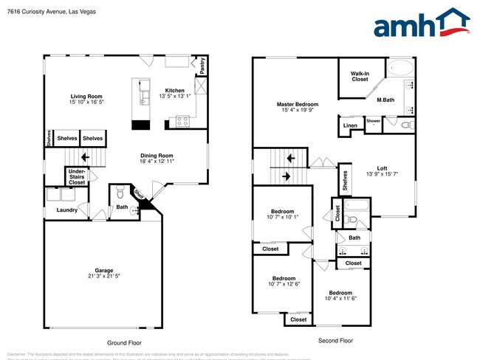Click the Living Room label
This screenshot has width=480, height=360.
point(86,96)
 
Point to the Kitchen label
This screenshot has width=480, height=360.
point(174,90)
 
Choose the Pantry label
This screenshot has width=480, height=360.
point(202,66)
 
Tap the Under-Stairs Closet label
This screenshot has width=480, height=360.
point(77,176)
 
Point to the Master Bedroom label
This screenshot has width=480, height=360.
point(297,105)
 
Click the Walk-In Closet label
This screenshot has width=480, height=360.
point(360,75)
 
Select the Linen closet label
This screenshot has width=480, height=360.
point(350,127)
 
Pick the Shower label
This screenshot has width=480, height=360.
point(374,120)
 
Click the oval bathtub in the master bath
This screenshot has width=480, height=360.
point(401,69)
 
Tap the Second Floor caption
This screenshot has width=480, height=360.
point(335,341)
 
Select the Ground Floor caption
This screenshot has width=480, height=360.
point(124,342)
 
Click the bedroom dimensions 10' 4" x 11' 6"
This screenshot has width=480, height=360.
point(340,298)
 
